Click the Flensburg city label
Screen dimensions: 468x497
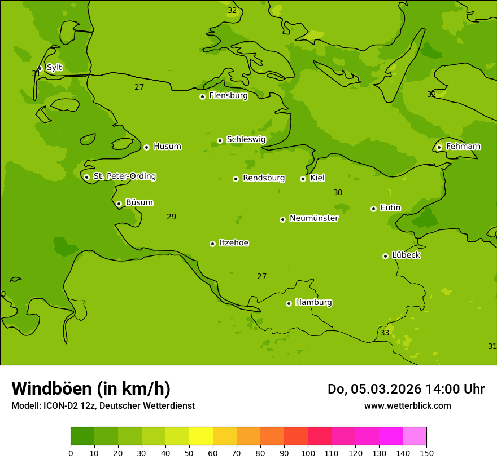tap(228, 96)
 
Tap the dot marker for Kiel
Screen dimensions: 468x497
tap(303, 179)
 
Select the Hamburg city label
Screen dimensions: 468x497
tap(313, 303)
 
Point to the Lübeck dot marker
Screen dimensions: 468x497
tap(385, 256)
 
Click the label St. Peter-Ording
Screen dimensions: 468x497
tap(125, 176)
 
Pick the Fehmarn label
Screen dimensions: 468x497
tap(463, 147)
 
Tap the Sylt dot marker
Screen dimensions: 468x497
tap(40, 68)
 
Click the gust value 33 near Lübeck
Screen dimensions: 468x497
tap(385, 333)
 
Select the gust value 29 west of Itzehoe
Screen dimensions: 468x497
tap(172, 217)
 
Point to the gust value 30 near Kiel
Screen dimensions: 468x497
tap(338, 193)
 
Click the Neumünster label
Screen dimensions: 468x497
tap(314, 218)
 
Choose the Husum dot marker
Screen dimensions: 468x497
tap(146, 147)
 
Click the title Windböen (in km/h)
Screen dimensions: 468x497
tap(91, 388)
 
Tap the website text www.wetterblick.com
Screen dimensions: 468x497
tap(407, 406)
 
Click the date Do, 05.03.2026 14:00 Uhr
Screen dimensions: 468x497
tap(406, 389)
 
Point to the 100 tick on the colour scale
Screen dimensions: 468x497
tap(308, 453)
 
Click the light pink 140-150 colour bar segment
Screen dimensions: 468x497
tap(415, 436)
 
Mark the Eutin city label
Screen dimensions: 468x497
tap(390, 208)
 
